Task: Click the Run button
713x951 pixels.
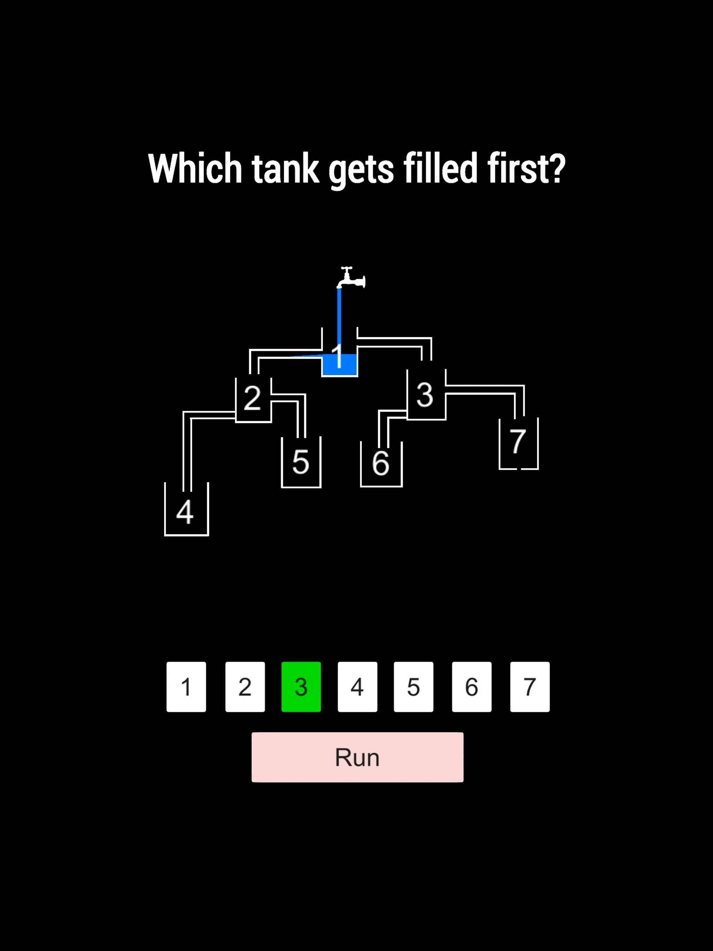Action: pyautogui.click(x=357, y=757)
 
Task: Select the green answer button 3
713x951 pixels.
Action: pyautogui.click(x=301, y=686)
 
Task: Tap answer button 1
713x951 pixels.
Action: pyautogui.click(x=186, y=686)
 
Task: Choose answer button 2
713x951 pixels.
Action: pyautogui.click(x=245, y=686)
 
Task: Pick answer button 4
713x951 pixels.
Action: pyautogui.click(x=357, y=686)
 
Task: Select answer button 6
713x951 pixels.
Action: pyautogui.click(x=471, y=686)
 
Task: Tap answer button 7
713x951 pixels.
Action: pyautogui.click(x=530, y=686)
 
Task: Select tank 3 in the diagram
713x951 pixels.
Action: pyautogui.click(x=426, y=395)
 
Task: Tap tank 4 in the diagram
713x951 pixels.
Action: pyautogui.click(x=186, y=510)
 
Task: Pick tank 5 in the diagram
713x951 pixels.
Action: pyautogui.click(x=301, y=463)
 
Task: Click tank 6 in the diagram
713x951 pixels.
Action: pyautogui.click(x=381, y=464)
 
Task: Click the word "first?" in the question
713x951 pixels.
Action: pyautogui.click(x=526, y=168)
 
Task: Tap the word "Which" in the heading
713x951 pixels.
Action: pyautogui.click(x=195, y=168)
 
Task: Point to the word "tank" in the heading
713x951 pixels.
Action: pyautogui.click(x=285, y=168)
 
